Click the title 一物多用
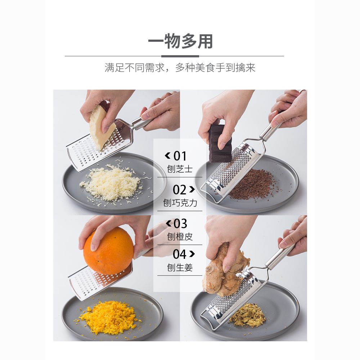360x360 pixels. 180,41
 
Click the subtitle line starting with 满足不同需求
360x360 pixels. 180,68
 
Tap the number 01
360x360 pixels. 180,156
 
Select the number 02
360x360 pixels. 180,190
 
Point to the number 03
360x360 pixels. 180,224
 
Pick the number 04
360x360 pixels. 180,254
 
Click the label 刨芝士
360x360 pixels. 180,169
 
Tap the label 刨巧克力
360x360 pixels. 180,203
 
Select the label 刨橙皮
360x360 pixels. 180,237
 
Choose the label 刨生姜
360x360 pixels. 180,267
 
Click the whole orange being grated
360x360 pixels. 108,251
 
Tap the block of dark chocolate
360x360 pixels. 220,144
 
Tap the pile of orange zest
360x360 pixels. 108,317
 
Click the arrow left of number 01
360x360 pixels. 167,156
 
